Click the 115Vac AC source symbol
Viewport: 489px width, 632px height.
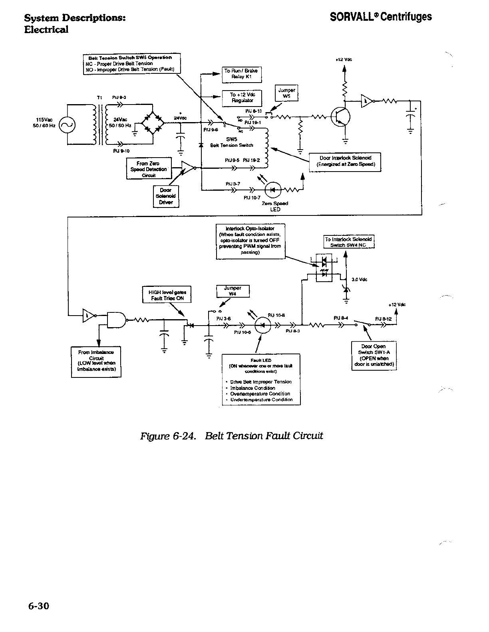click(67, 125)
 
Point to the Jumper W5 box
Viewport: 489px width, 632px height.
click(286, 94)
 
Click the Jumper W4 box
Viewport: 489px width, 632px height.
click(233, 291)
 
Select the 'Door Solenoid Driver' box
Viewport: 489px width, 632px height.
click(166, 196)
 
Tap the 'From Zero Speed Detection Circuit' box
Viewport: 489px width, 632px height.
click(148, 169)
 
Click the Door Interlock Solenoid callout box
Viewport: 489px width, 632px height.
click(346, 162)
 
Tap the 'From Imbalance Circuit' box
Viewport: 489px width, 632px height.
click(96, 361)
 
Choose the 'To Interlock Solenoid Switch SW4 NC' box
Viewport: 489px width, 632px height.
click(348, 242)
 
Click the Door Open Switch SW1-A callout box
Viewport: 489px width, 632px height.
click(373, 355)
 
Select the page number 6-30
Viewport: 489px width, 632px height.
click(38, 606)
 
